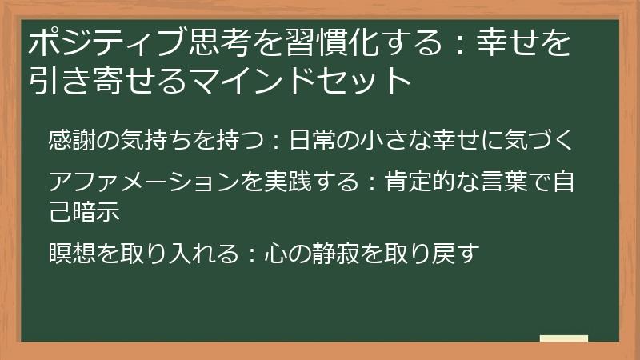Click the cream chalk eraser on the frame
tap(563, 338)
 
